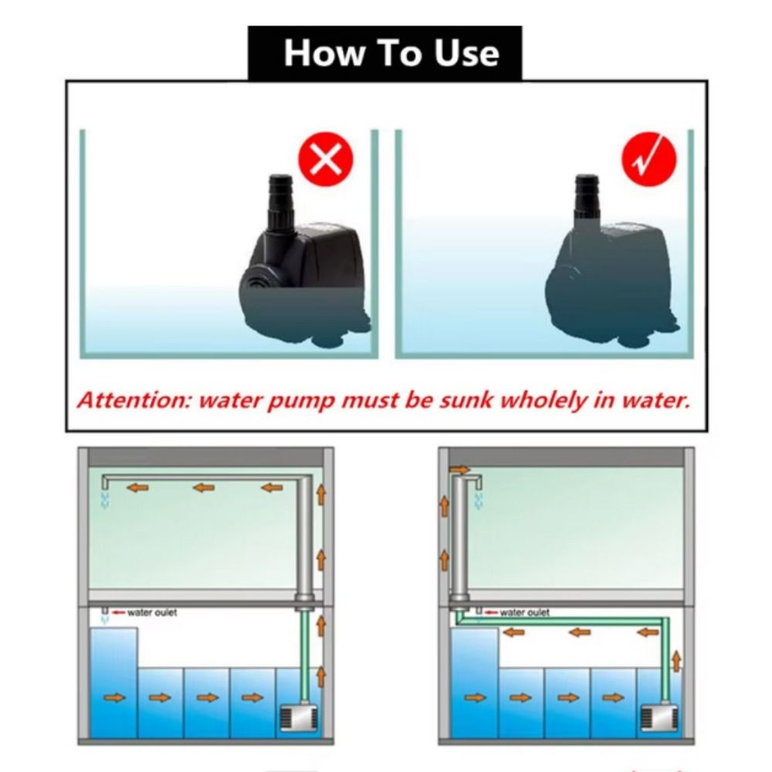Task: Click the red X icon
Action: click(326, 159)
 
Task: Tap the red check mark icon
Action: click(649, 159)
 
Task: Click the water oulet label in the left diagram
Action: click(151, 612)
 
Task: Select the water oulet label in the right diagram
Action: click(524, 612)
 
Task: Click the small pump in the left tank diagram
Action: click(299, 719)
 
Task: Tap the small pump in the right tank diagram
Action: click(660, 719)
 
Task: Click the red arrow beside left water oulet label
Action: click(118, 612)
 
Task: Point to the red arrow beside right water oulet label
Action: click(491, 612)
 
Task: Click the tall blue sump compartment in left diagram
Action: click(113, 682)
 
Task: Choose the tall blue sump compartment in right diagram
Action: click(474, 682)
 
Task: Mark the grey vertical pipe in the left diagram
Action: click(305, 537)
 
